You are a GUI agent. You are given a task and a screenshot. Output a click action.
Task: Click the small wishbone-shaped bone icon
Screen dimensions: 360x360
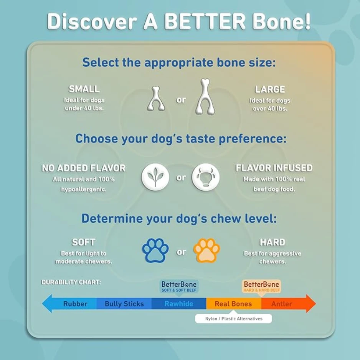(156, 99)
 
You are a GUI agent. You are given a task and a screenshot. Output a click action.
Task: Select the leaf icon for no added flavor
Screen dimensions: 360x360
(155, 177)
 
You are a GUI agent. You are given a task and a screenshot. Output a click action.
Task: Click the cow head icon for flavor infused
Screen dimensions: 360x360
(206, 177)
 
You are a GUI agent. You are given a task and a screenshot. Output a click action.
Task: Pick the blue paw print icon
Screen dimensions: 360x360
(155, 250)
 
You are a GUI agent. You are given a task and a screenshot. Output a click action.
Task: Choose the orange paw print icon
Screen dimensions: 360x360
(206, 250)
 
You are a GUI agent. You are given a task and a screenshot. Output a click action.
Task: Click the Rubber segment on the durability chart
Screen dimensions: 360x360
(75, 304)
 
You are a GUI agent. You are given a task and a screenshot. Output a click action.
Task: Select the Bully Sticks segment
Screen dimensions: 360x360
(124, 304)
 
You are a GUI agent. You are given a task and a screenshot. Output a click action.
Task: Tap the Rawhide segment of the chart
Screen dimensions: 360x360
(179, 304)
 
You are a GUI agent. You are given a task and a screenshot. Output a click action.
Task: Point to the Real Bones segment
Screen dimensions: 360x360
(233, 304)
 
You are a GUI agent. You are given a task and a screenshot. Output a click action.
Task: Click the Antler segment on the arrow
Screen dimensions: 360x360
(282, 304)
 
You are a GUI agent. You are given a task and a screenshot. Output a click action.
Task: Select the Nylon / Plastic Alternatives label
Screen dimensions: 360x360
(233, 319)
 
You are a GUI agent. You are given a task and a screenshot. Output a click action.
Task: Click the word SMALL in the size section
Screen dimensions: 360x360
(84, 89)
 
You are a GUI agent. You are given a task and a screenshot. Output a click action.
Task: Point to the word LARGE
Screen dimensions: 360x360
(270, 89)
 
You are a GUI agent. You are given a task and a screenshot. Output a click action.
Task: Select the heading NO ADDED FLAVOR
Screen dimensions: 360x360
(84, 168)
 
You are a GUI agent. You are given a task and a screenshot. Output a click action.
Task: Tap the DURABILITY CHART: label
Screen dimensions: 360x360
(71, 282)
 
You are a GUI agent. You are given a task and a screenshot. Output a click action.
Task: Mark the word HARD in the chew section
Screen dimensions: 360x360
(272, 243)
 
